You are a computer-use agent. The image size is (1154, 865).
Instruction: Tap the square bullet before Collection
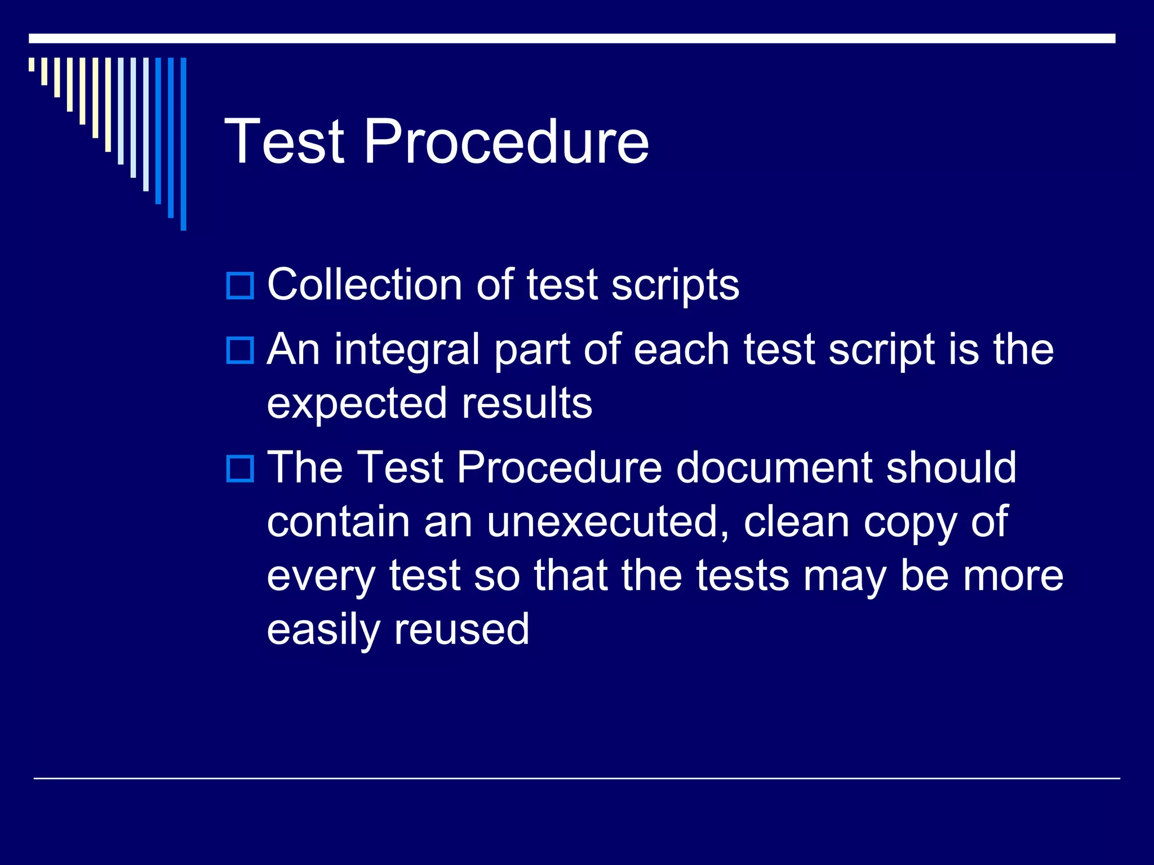pos(240,286)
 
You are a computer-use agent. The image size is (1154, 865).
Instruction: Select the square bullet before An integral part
pos(240,350)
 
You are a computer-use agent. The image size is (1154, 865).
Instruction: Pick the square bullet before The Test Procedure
pos(240,469)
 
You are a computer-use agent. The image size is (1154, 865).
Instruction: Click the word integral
pos(407,350)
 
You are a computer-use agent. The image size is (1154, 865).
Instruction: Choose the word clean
pos(796,522)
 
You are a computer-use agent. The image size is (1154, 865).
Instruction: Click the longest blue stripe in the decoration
pos(183,144)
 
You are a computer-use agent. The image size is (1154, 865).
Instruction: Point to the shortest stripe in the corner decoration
pos(32,64)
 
